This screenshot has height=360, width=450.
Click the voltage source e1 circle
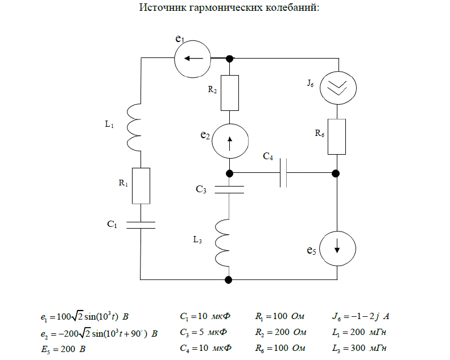tap(192, 58)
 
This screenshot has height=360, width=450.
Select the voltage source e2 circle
tap(229, 142)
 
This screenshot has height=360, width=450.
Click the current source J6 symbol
tap(337, 87)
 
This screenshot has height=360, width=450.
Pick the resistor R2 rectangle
tap(229, 93)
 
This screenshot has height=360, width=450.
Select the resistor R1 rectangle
tap(141, 185)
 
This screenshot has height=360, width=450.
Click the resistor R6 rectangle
tap(337, 136)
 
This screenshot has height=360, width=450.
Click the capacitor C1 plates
tap(141, 224)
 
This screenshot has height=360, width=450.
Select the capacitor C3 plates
tap(229, 189)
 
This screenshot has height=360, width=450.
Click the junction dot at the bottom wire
tap(229, 280)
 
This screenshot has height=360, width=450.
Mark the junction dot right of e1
tap(230, 58)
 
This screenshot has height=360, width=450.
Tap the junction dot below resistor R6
tap(336, 173)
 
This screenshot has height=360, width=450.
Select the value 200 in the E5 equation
tap(68, 349)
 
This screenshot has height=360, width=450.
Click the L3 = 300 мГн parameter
tap(362, 348)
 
